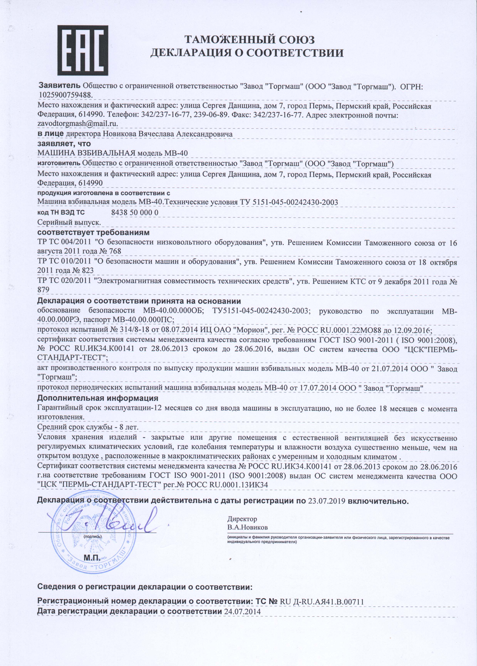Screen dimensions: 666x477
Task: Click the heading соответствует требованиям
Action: click(93, 233)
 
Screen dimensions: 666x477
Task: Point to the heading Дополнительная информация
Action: click(98, 398)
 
